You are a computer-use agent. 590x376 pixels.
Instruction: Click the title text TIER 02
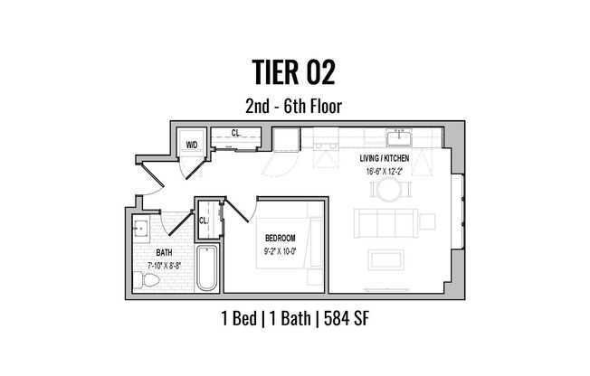(295, 71)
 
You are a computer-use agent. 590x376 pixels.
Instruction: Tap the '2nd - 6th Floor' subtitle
(295, 105)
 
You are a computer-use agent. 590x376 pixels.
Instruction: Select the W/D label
(192, 144)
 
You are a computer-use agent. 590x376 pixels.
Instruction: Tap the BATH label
(165, 253)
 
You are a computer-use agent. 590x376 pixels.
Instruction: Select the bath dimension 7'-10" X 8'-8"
(165, 265)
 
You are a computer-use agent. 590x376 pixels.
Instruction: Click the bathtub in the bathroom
(207, 268)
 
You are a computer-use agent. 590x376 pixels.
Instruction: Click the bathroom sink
(142, 226)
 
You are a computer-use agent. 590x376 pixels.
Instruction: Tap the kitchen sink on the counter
(398, 138)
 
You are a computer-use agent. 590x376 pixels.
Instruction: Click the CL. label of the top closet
(235, 133)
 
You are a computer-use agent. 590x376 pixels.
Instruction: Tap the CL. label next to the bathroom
(204, 220)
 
